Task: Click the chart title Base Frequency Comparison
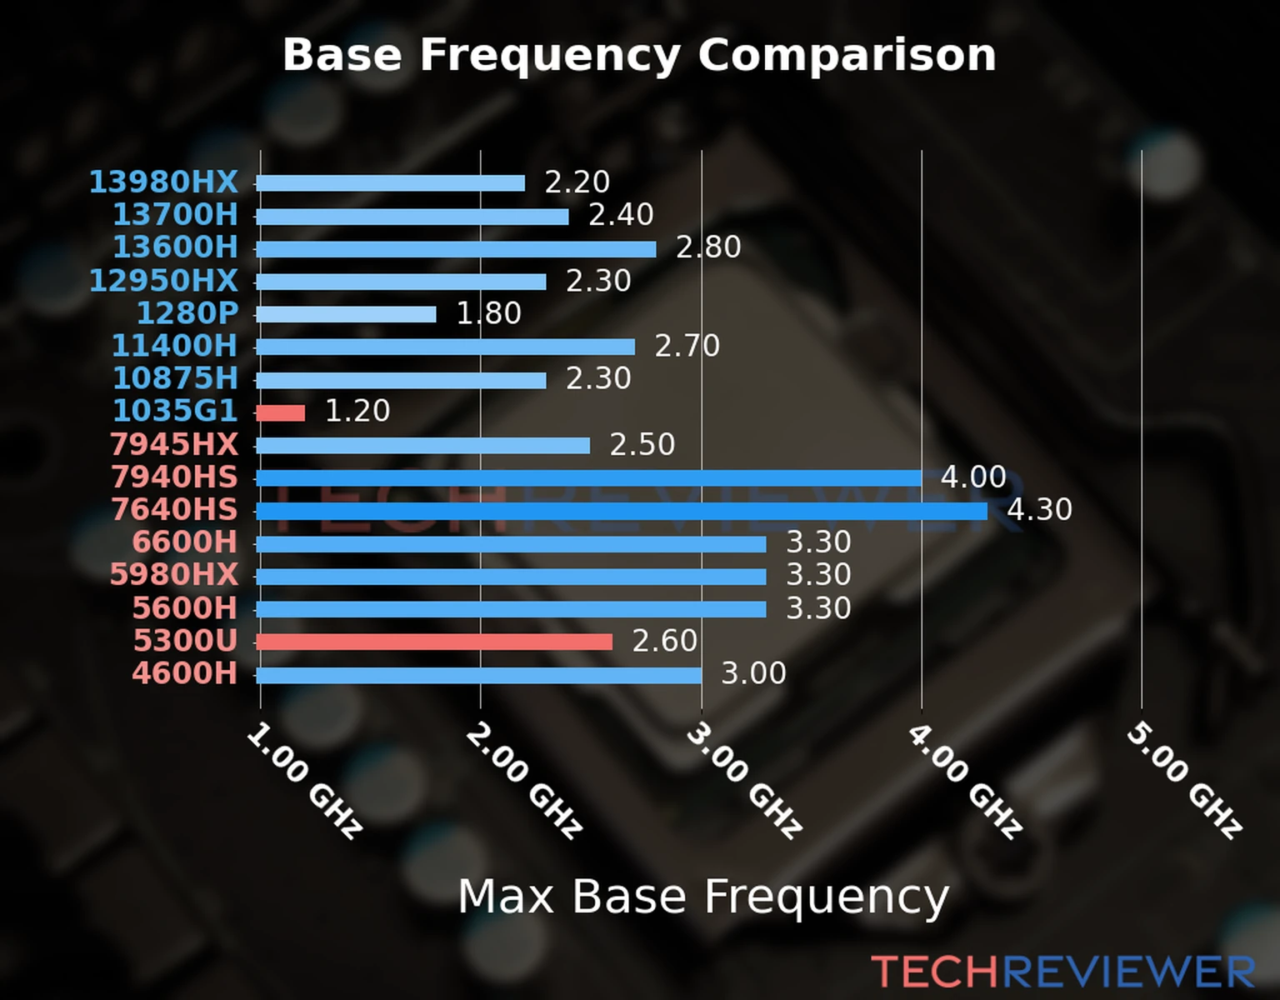tap(639, 55)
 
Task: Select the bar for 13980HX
tap(390, 183)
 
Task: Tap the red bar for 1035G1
tap(281, 412)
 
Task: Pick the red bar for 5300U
tap(433, 642)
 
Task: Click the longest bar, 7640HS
tap(621, 511)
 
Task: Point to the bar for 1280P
tap(346, 314)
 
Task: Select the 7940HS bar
tap(587, 478)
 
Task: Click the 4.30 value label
tap(1039, 509)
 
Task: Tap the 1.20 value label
tap(357, 411)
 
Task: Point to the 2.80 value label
tap(707, 247)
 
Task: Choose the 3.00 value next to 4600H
tap(752, 673)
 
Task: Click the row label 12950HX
tap(163, 281)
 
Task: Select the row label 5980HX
tap(173, 575)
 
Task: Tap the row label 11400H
tap(174, 346)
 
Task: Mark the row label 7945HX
tap(173, 444)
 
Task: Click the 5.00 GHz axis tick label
tap(1183, 780)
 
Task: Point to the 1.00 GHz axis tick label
tap(303, 780)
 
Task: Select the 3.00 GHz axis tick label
tap(743, 780)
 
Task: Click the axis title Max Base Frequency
tap(703, 897)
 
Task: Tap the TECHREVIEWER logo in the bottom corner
tap(1062, 972)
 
